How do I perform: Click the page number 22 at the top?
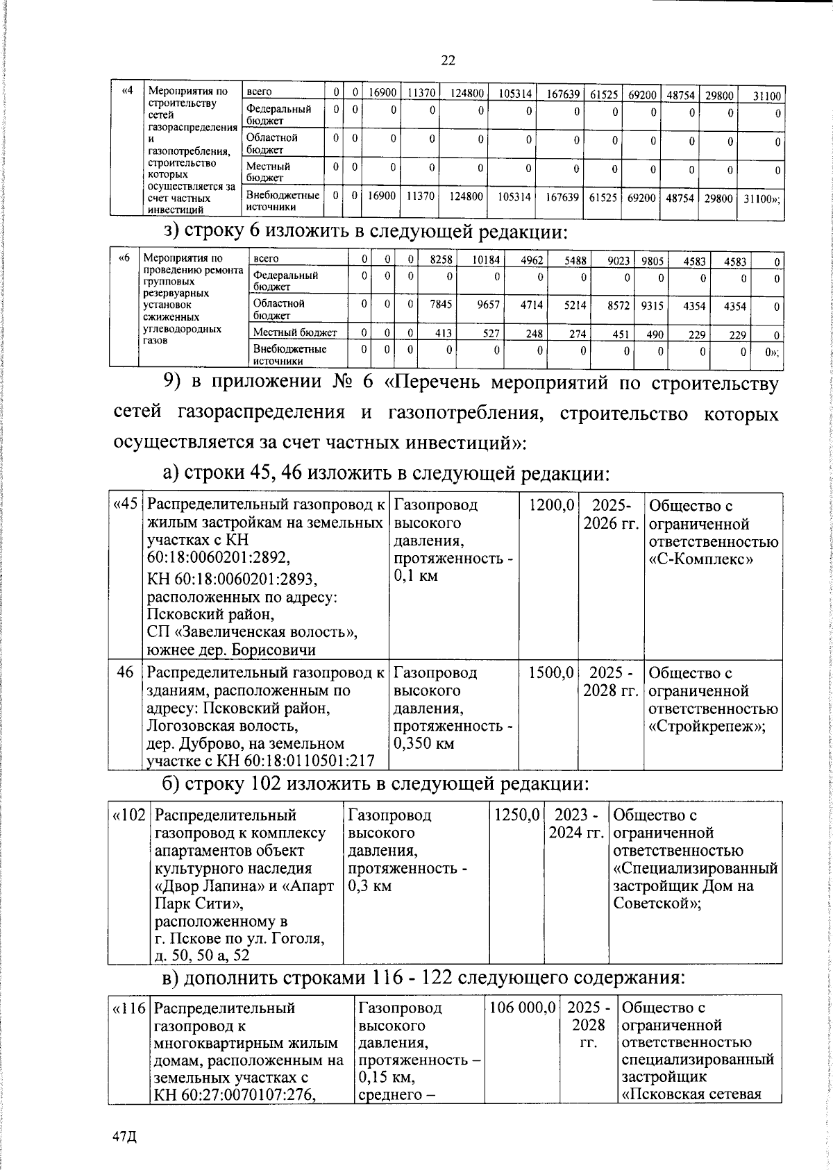click(x=448, y=60)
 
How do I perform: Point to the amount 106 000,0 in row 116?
click(x=523, y=1007)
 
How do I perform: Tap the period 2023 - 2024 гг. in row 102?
click(x=577, y=824)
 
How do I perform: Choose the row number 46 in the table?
click(x=126, y=672)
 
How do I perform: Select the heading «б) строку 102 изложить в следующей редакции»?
click(x=375, y=784)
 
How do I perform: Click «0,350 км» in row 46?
click(x=424, y=744)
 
